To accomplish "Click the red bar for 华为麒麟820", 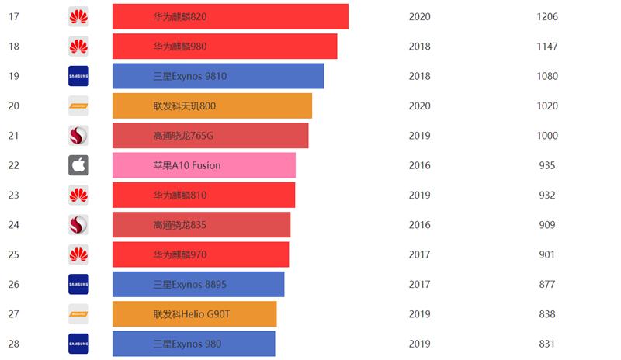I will (230, 16).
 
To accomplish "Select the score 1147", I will (546, 47).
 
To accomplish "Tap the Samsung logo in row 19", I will (78, 76).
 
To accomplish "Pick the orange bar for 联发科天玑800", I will (212, 106).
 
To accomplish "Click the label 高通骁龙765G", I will (183, 136).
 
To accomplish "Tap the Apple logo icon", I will (78, 165).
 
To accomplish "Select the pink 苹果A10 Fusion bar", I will (203, 165).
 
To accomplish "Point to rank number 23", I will (13, 195).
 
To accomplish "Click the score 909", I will (546, 225).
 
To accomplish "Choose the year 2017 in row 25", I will (419, 254).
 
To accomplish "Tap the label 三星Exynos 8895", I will (190, 285).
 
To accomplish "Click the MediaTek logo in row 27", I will (78, 314).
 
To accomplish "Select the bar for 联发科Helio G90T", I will (194, 314).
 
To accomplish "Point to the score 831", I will (546, 344).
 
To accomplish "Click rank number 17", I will (13, 16).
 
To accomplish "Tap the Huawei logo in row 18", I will (78, 47).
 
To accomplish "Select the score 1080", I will (546, 76).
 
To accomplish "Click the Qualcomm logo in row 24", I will (78, 225).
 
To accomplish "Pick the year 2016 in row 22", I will (419, 165).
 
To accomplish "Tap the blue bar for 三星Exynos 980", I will (193, 344).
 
